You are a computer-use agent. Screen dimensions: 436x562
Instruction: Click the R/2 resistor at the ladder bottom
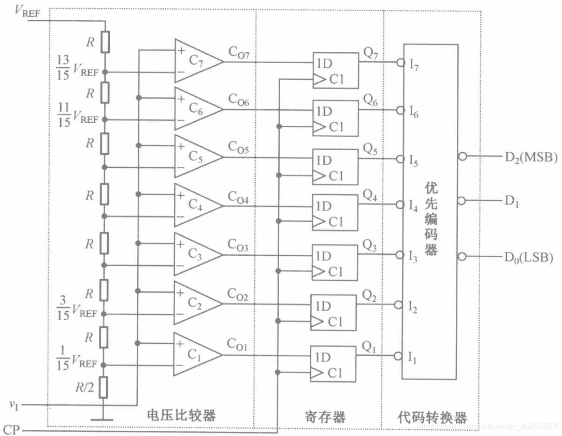(x=105, y=387)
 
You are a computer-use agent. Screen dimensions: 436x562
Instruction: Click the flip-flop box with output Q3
(x=335, y=263)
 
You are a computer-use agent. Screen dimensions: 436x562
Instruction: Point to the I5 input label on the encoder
(x=413, y=161)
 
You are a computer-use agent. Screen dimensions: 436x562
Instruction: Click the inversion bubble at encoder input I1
(x=398, y=356)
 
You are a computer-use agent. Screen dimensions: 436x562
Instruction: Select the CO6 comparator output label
(x=238, y=101)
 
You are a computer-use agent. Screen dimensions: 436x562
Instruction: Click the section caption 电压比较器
(x=181, y=416)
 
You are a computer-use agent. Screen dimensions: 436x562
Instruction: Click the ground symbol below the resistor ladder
(x=105, y=417)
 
